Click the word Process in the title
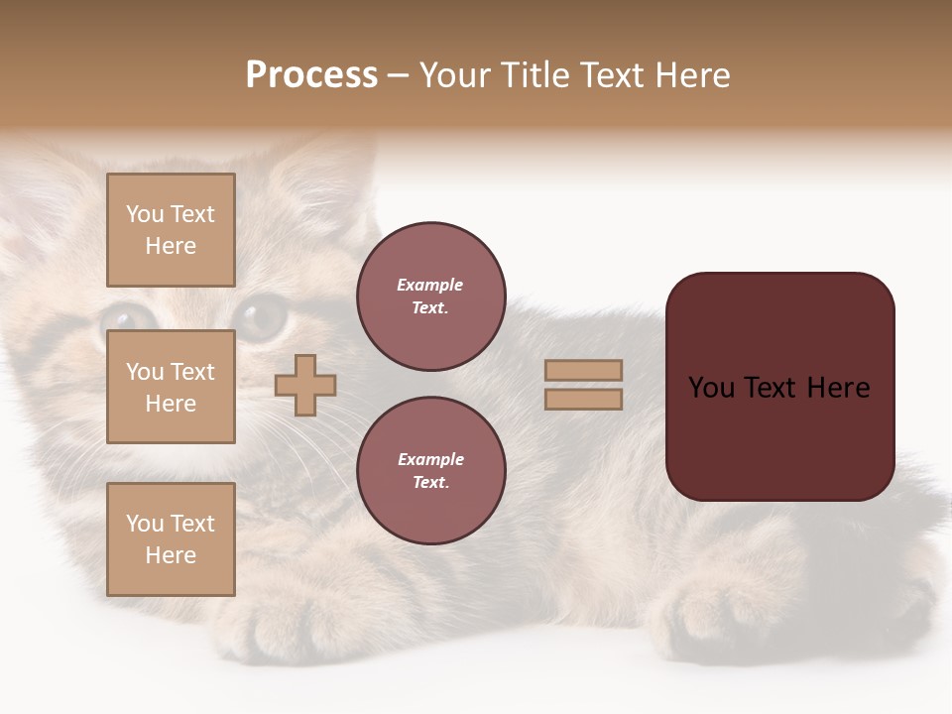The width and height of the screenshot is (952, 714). tap(311, 75)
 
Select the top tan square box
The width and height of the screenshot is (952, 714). tap(171, 230)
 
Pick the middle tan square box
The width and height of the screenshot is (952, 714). tap(171, 387)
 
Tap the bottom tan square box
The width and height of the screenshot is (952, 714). tap(171, 539)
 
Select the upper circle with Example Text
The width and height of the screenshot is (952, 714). tap(430, 297)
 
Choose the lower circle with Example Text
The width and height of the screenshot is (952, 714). tap(430, 470)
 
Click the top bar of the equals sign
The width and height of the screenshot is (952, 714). tap(583, 370)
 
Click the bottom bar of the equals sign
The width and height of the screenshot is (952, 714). tap(583, 399)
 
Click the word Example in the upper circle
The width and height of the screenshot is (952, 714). tap(430, 285)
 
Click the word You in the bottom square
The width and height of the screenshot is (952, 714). tap(145, 524)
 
